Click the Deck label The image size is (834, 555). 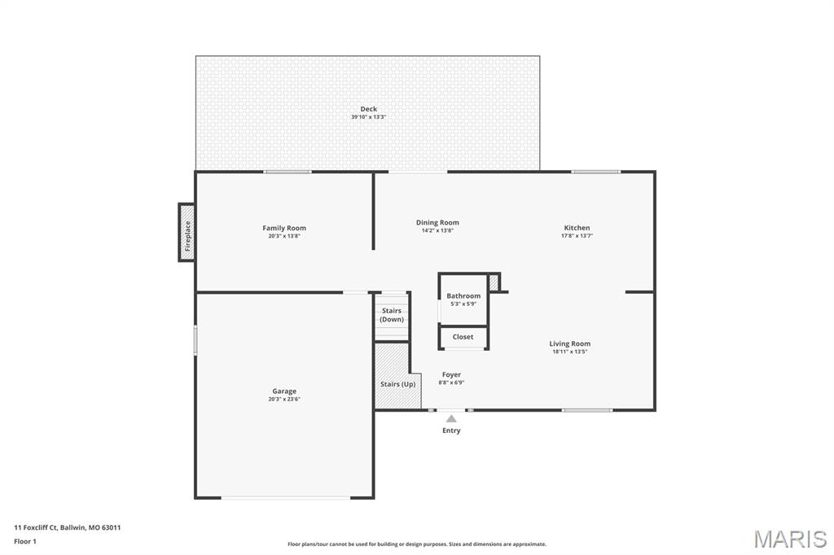click(369, 109)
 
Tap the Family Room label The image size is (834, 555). click(284, 228)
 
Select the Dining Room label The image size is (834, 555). click(437, 222)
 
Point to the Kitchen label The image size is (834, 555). click(577, 228)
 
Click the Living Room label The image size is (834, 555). click(569, 343)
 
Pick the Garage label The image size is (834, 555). click(284, 391)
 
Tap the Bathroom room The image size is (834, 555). click(463, 299)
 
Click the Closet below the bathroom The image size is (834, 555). click(463, 337)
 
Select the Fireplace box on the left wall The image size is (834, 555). click(187, 232)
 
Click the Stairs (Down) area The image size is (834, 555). click(392, 315)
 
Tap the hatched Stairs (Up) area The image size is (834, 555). click(397, 384)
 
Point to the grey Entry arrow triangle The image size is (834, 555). click(451, 418)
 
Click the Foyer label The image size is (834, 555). click(451, 375)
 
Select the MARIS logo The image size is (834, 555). click(790, 538)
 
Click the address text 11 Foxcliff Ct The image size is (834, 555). click(68, 527)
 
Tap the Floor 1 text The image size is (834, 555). click(25, 540)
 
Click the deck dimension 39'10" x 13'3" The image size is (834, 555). click(369, 117)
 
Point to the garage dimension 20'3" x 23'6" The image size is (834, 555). click(284, 400)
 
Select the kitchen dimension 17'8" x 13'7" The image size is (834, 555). click(577, 236)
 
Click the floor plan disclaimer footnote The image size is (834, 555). click(417, 544)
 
